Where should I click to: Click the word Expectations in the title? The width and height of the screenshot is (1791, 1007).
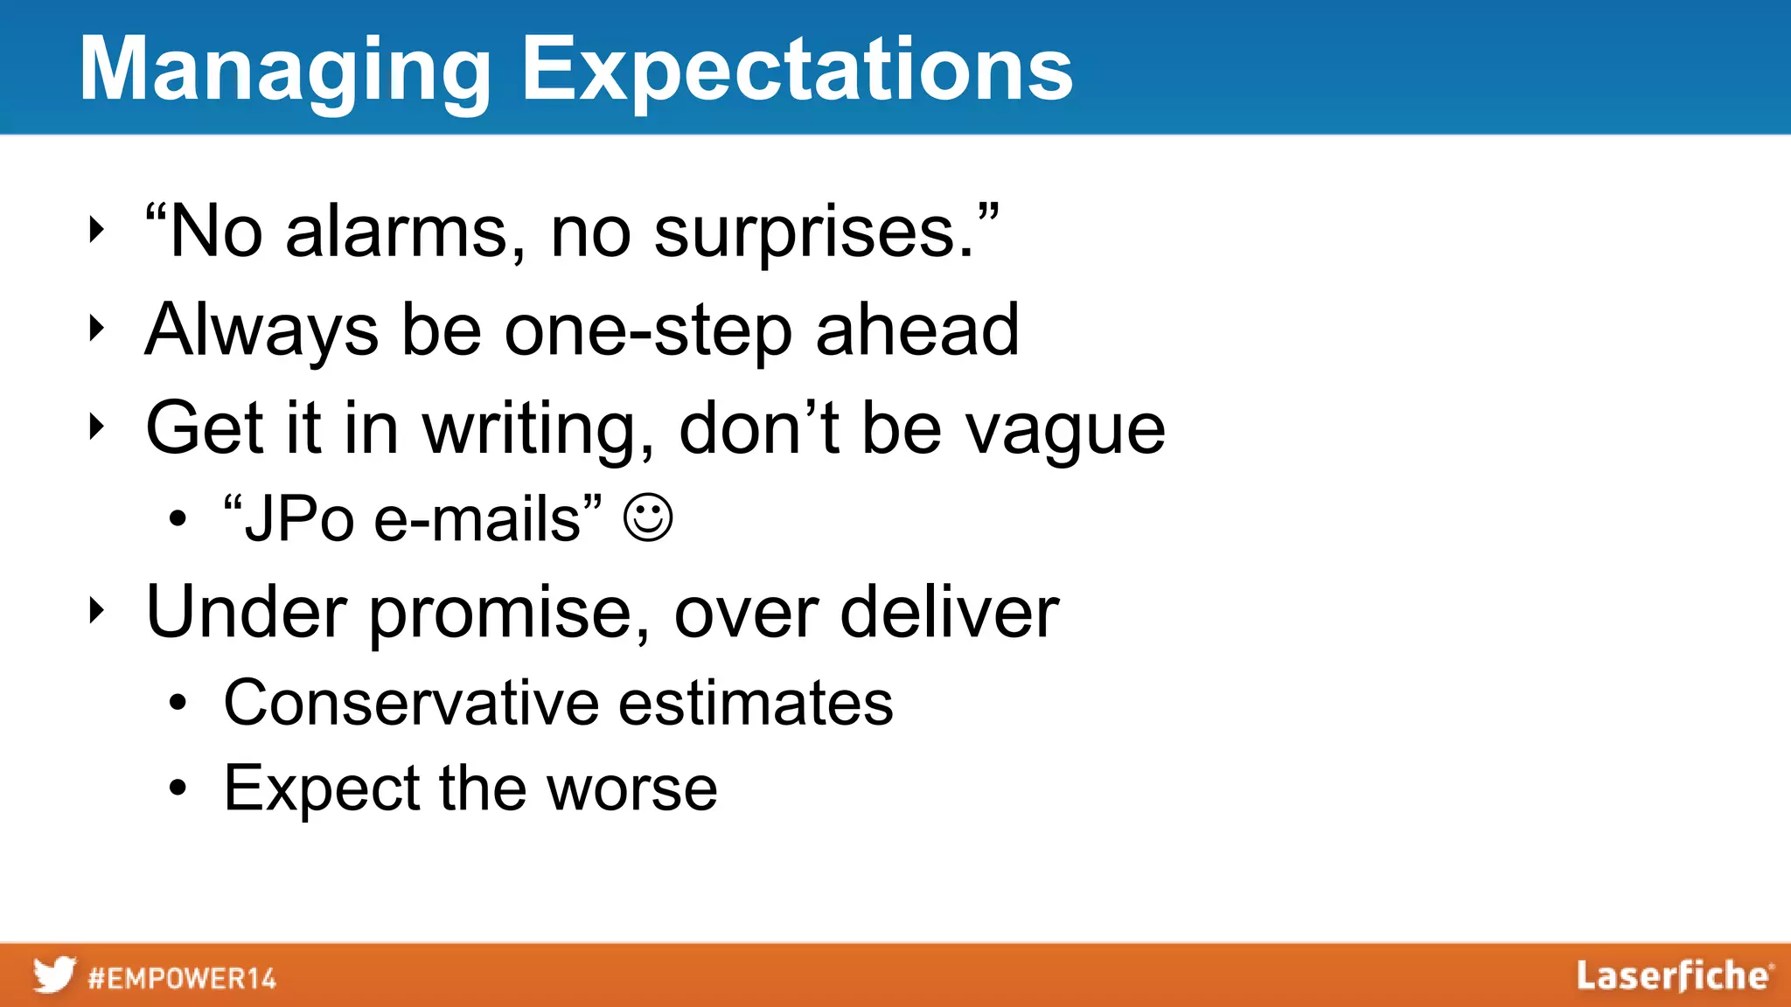coord(797,72)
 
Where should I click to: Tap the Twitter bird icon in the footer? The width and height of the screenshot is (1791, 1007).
coord(54,975)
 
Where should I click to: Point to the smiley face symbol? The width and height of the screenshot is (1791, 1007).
coord(648,518)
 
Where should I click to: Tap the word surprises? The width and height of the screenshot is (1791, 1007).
coord(813,234)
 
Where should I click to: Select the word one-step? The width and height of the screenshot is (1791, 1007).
coord(648,331)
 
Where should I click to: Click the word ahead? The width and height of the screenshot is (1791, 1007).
coord(917,330)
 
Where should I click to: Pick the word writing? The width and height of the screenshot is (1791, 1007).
coord(538,428)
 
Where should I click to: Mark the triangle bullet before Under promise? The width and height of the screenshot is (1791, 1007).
coord(96,611)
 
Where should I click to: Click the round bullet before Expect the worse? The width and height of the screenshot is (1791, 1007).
coord(178,788)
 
